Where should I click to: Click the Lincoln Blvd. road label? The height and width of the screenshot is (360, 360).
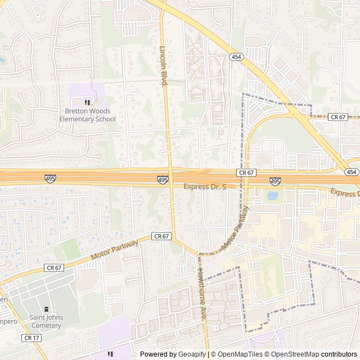click(165, 66)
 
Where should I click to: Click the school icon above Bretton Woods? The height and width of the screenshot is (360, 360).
click(87, 102)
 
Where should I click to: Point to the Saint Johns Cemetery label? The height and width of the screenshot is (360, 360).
click(46, 322)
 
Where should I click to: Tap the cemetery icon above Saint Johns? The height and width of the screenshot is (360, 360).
click(46, 309)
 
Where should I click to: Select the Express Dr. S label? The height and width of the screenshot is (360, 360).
click(205, 186)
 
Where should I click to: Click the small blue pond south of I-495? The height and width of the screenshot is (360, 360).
click(272, 196)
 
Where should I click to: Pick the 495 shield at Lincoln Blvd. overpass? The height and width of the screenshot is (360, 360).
click(163, 179)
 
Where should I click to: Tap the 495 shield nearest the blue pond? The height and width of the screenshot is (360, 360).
click(275, 181)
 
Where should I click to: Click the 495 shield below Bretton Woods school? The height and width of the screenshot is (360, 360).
click(50, 178)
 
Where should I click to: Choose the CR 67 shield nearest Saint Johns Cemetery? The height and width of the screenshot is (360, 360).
click(55, 268)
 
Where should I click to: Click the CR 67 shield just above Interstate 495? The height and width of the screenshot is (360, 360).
click(246, 172)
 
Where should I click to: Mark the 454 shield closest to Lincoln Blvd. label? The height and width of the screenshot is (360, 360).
click(235, 56)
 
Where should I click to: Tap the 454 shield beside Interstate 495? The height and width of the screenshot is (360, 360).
click(352, 172)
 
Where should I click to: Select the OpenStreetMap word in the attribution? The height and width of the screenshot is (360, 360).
click(293, 354)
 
